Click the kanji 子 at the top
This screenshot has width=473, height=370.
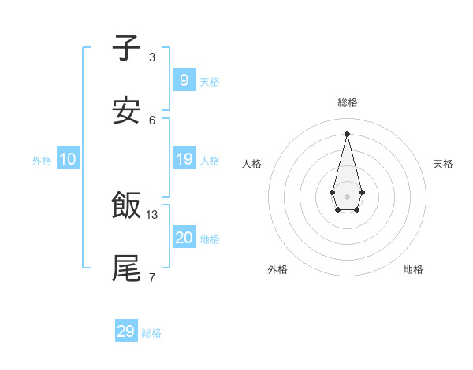pyautogui.click(x=126, y=47)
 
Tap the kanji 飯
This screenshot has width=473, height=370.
pyautogui.click(x=126, y=205)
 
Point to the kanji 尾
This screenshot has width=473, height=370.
pyautogui.click(x=126, y=268)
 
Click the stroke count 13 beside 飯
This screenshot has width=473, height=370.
pyautogui.click(x=152, y=214)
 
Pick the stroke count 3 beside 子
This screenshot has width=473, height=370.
pyautogui.click(x=152, y=57)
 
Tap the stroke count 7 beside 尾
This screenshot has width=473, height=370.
pyautogui.click(x=152, y=277)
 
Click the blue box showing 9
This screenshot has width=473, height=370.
pyautogui.click(x=184, y=80)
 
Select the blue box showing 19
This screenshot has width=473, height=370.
pyautogui.click(x=184, y=159)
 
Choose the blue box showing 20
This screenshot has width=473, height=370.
pyautogui.click(x=184, y=238)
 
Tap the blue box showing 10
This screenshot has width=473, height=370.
pyautogui.click(x=68, y=159)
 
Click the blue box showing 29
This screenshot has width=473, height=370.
pyautogui.click(x=126, y=331)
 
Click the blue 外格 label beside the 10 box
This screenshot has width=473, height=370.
pyautogui.click(x=42, y=161)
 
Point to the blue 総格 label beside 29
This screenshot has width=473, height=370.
pyautogui.click(x=151, y=333)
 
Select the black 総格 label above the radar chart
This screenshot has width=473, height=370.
pyautogui.click(x=347, y=102)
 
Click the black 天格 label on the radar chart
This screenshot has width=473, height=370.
pyautogui.click(x=443, y=164)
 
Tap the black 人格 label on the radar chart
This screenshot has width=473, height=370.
pyautogui.click(x=251, y=164)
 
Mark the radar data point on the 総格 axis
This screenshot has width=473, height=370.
pyautogui.click(x=347, y=133)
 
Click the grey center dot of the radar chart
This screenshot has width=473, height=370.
pyautogui.click(x=347, y=196)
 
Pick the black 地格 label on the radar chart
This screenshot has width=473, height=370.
pyautogui.click(x=413, y=269)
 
